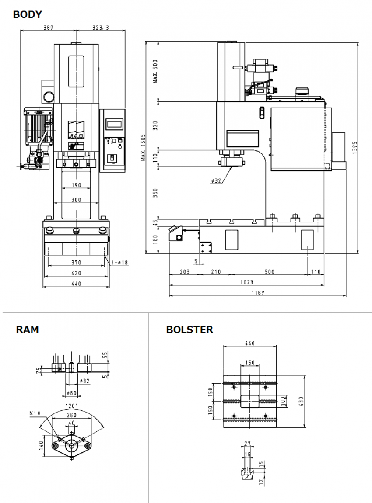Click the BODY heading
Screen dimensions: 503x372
27,14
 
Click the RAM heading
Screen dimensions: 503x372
27,330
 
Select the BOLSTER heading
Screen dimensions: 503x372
190,330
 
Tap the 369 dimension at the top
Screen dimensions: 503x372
48,28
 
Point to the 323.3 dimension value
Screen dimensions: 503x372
101,28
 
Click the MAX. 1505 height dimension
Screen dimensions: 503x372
143,147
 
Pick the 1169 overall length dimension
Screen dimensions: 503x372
258,293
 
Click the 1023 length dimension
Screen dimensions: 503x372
247,282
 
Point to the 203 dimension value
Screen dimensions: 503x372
185,272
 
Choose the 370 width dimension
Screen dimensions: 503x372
76,263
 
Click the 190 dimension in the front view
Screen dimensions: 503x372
76,185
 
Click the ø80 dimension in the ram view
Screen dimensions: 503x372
71,392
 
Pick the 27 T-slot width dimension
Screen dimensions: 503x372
248,444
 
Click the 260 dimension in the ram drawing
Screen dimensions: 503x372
71,415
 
